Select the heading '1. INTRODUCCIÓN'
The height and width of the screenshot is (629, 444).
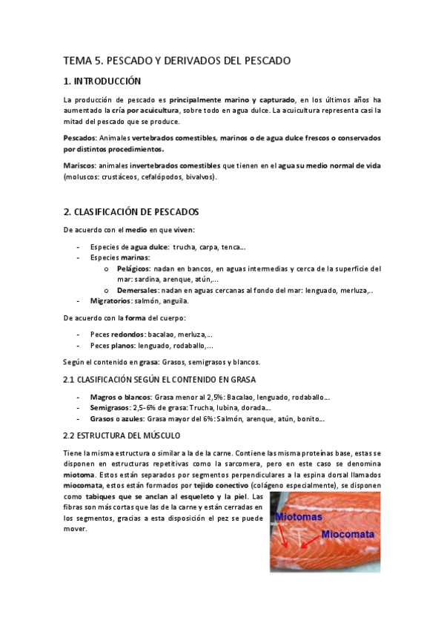[102, 81]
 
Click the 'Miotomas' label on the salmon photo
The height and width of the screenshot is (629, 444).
[299, 516]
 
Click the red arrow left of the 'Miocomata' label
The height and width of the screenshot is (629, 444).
[311, 544]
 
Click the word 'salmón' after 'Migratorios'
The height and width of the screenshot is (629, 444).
[151, 301]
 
